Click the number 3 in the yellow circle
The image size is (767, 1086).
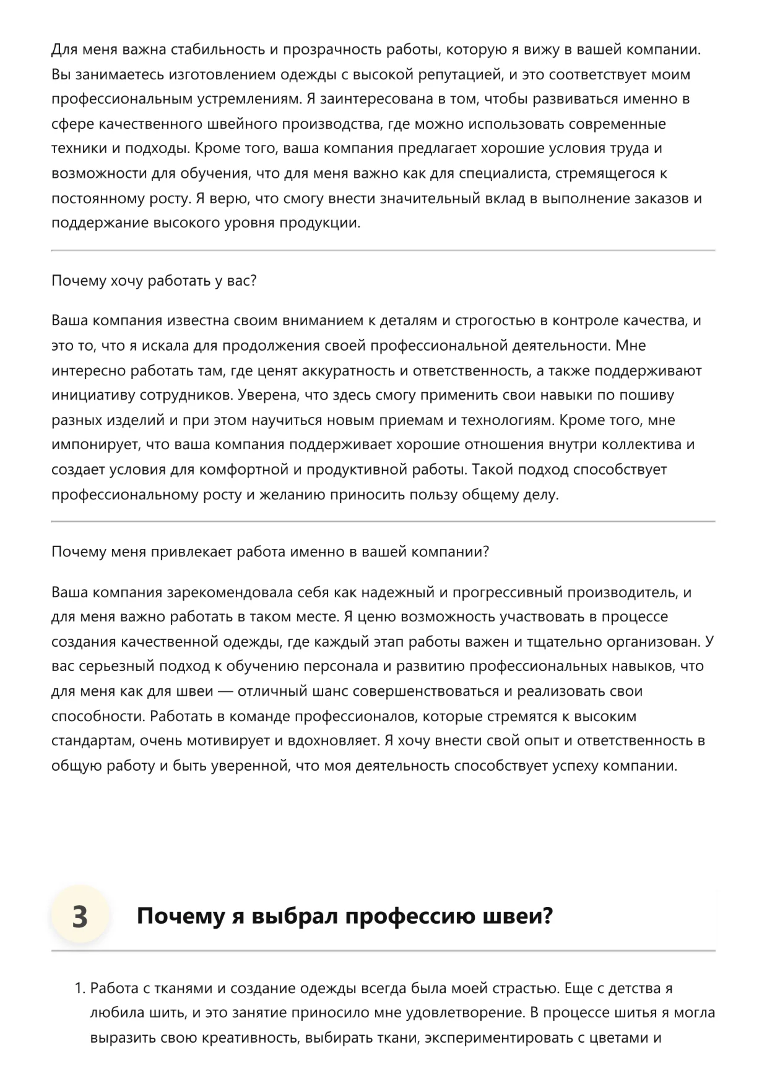80,916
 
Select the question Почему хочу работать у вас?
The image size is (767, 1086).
154,281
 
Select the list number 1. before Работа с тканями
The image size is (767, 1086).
79,989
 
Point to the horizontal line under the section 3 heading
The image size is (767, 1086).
383,950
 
